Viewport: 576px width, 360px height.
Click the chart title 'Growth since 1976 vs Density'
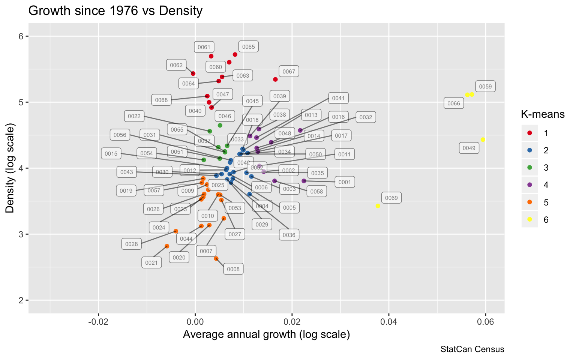tap(115, 10)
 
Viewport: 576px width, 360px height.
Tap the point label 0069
tap(391, 198)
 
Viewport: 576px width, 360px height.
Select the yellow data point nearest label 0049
tap(483, 139)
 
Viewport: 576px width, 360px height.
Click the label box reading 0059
tap(485, 87)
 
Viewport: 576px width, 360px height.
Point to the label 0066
tap(454, 103)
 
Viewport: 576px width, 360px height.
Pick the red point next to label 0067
tap(275, 79)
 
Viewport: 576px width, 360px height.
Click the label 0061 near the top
tap(204, 47)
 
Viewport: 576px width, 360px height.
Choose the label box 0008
tap(233, 269)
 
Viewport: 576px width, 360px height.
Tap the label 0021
tap(151, 263)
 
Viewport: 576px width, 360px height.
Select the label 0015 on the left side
tap(111, 154)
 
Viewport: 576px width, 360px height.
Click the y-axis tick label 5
tap(21, 102)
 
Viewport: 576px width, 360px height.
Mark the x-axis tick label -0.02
tap(98, 322)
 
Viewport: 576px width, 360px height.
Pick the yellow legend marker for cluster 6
tap(529, 219)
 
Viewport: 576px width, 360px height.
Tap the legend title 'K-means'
tap(543, 114)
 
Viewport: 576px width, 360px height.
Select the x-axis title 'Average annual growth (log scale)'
tap(266, 334)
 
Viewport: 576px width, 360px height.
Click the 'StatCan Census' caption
tap(472, 349)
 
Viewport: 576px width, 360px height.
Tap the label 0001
tap(345, 183)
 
